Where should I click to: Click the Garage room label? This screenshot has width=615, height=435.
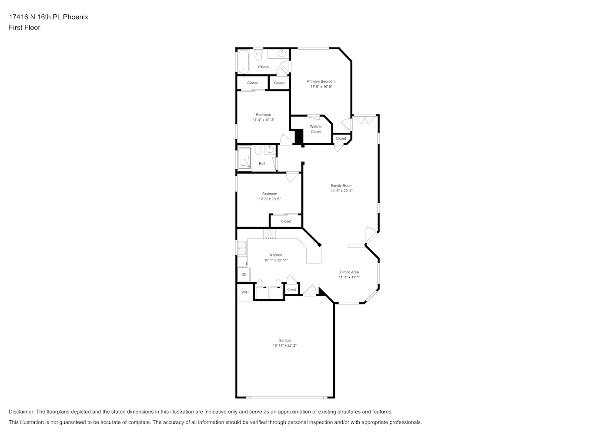284,340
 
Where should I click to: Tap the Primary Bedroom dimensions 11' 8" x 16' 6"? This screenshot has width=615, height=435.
321,87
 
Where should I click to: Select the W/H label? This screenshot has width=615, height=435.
245,292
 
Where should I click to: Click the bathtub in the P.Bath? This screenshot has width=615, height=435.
244,61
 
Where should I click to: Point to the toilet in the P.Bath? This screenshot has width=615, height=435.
259,55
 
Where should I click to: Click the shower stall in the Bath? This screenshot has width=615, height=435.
244,158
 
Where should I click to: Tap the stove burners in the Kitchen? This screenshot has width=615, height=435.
270,234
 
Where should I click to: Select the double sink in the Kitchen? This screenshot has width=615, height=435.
242,248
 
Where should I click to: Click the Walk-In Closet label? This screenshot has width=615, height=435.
316,129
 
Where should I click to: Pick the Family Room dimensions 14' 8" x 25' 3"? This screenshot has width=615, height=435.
341,191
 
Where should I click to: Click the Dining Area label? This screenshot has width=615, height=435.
349,272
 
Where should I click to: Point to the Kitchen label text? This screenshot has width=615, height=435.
276,255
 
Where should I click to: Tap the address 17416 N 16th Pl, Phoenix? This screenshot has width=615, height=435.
49,17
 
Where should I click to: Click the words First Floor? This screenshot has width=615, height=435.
24,27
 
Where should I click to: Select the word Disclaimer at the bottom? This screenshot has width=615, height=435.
22,412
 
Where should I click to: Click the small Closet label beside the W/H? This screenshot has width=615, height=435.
291,289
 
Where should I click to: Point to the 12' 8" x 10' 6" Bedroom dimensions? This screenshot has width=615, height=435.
270,199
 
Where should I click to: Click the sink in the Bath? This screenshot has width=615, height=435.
270,150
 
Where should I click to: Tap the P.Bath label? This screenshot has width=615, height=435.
263,67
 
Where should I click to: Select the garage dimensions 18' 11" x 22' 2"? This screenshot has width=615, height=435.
284,345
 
